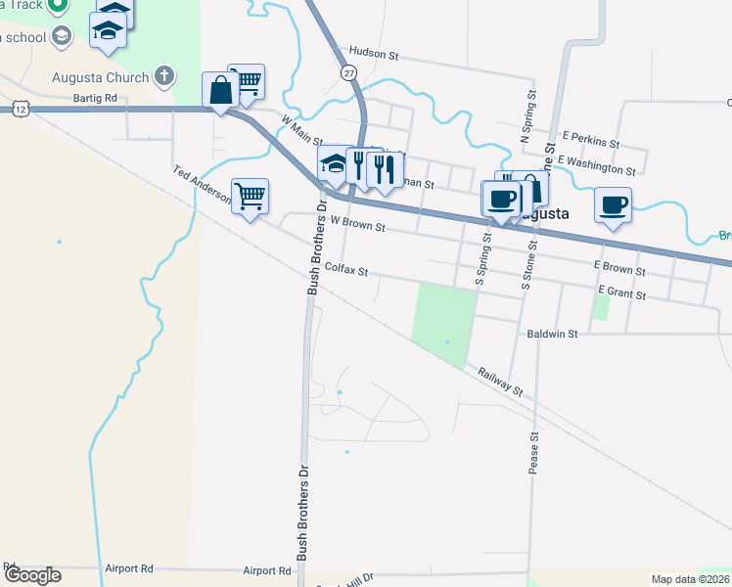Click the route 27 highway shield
point(348,73)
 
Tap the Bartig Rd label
point(95,98)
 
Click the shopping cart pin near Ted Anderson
point(250,196)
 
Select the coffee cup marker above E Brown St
point(613,205)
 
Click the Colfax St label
point(345,268)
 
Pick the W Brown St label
point(358,225)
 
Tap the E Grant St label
point(620,293)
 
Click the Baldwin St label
point(552,334)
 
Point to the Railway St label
point(501,381)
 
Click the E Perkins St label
point(591,142)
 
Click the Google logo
point(31,575)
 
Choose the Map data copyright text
point(690,579)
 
